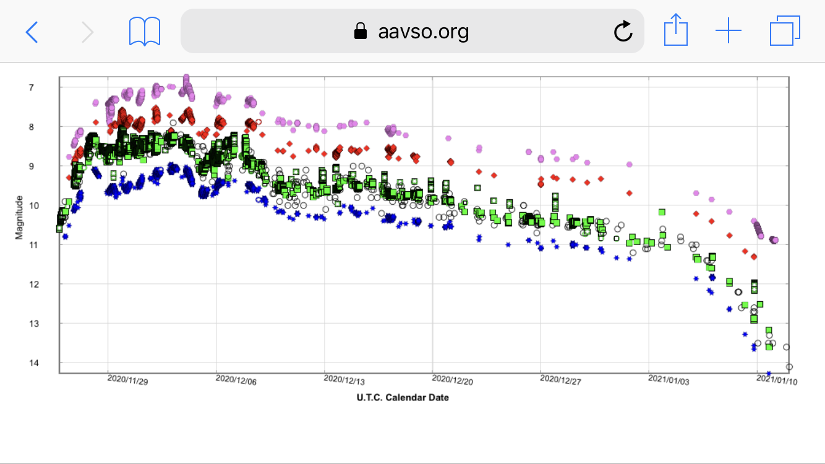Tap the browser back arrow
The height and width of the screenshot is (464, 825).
tap(32, 31)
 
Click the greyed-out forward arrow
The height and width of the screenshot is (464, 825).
tap(87, 31)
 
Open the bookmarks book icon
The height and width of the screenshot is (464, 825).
tap(145, 31)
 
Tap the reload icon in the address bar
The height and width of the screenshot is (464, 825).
tap(623, 31)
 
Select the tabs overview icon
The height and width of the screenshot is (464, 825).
tap(785, 31)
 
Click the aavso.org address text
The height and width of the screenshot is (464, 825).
tap(423, 31)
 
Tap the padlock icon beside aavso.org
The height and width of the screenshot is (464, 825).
tap(360, 31)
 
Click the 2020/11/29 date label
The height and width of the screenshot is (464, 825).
tap(128, 381)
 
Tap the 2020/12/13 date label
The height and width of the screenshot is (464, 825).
tap(344, 381)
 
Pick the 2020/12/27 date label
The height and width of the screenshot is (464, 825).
tap(561, 381)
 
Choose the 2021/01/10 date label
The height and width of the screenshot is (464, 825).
tap(777, 381)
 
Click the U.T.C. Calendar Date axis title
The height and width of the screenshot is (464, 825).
tap(403, 398)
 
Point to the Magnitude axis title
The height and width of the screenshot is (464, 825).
tap(19, 217)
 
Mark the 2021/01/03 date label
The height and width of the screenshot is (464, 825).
tap(669, 381)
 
